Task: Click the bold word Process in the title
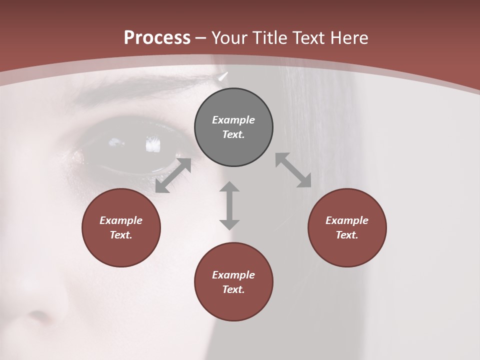[157, 38]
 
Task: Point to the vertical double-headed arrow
[229, 205]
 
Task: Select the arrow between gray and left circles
[173, 175]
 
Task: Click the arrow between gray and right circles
[293, 170]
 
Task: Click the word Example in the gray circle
[233, 120]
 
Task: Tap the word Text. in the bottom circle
[233, 289]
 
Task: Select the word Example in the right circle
[347, 220]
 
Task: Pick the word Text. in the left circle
[121, 235]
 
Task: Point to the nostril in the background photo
[37, 316]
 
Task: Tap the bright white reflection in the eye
[152, 145]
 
